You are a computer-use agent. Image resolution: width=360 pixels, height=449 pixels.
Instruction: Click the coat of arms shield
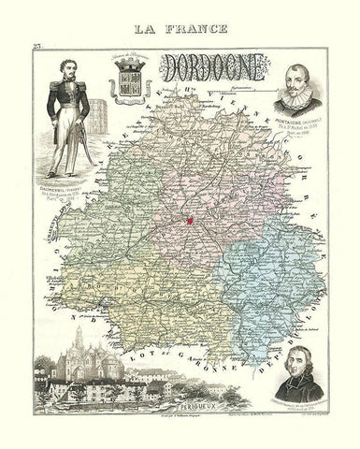click(x=125, y=91)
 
